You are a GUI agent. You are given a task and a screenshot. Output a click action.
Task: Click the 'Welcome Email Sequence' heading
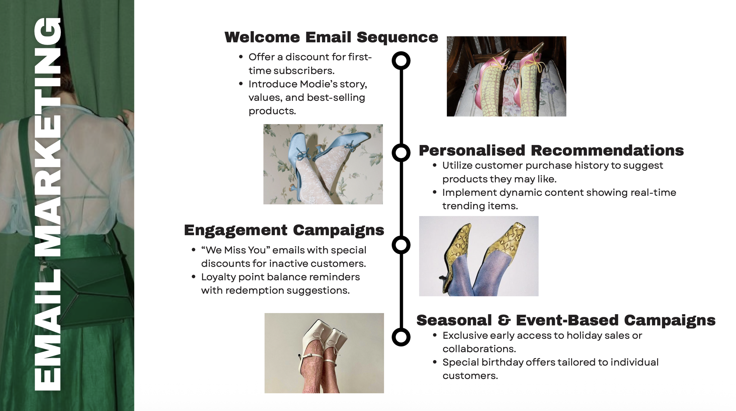(x=331, y=37)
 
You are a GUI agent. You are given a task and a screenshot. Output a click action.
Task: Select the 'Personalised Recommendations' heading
(x=551, y=151)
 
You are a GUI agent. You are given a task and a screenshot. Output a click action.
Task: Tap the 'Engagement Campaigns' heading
(x=284, y=230)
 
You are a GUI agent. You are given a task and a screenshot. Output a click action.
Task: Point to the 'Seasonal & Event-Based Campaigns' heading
(x=566, y=320)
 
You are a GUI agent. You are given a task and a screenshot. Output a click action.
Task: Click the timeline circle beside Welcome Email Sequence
(x=401, y=61)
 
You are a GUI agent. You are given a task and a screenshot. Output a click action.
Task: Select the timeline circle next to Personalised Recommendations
(x=401, y=153)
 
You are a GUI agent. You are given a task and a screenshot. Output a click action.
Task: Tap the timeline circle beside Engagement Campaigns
(x=401, y=245)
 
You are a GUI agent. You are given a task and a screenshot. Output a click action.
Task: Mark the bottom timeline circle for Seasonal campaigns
(x=401, y=337)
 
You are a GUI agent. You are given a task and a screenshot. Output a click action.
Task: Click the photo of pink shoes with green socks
(x=506, y=76)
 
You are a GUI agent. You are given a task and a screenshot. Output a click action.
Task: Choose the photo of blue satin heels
(x=323, y=164)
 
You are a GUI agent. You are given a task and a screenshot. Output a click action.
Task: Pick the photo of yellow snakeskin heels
(x=479, y=256)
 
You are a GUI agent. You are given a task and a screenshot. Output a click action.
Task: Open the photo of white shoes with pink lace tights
(x=324, y=353)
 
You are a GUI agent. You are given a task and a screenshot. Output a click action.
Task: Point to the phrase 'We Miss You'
(x=236, y=250)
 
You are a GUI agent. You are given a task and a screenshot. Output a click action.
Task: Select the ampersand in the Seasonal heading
(x=504, y=320)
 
